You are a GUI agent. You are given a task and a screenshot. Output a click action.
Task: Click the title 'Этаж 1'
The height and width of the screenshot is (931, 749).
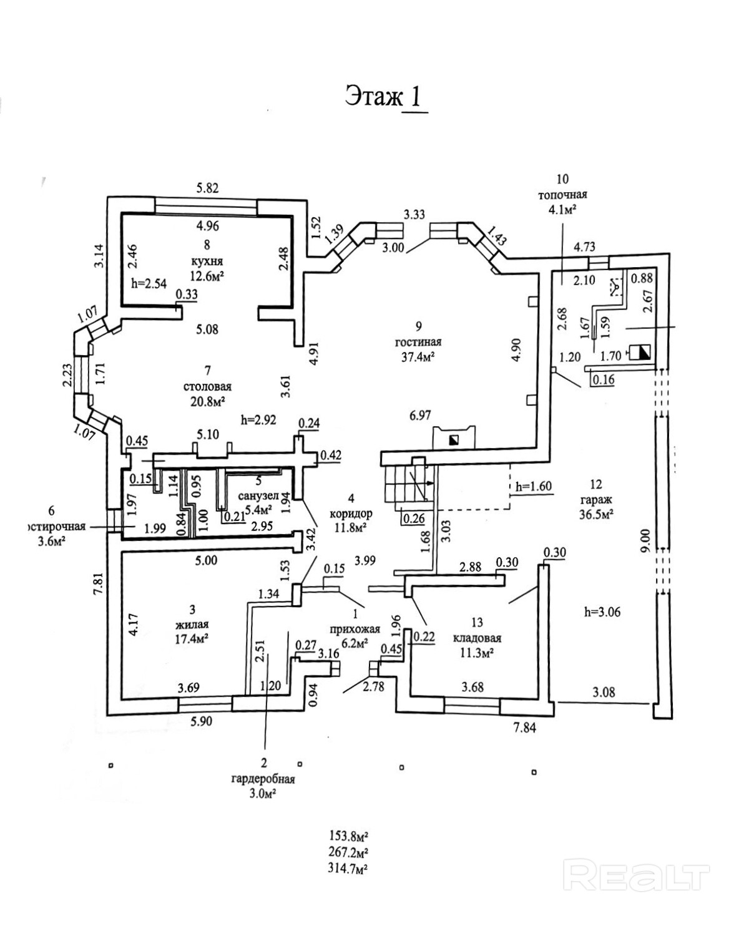pos(386,98)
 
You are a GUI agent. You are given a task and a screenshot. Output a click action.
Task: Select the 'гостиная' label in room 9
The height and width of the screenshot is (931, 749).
pos(418,342)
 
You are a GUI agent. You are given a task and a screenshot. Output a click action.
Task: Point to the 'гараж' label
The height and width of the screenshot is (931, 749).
pos(595,500)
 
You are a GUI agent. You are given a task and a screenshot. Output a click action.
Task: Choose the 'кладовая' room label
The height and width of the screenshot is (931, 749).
pos(477,638)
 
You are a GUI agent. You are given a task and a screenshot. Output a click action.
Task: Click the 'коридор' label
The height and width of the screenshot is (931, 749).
pos(351,514)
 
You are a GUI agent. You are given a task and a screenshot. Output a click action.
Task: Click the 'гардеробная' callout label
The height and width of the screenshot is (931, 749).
pos(263,779)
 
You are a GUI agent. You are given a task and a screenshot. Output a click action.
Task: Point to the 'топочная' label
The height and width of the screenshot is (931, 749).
pos(562,195)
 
